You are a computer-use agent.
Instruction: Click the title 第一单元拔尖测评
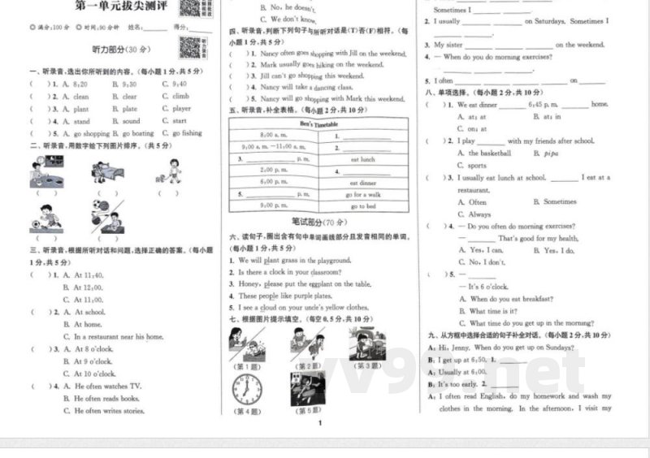tap(120, 9)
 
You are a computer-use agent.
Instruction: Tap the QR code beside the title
tap(190, 8)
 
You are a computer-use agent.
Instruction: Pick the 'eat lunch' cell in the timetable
tap(362, 160)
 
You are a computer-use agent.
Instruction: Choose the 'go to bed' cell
tap(362, 207)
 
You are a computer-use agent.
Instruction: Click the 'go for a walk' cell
tap(362, 195)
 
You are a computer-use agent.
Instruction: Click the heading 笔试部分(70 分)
tap(318, 222)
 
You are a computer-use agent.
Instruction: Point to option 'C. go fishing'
tap(182, 133)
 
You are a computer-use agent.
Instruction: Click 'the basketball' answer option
tap(485, 153)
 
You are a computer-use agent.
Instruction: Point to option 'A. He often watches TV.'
tap(102, 387)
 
